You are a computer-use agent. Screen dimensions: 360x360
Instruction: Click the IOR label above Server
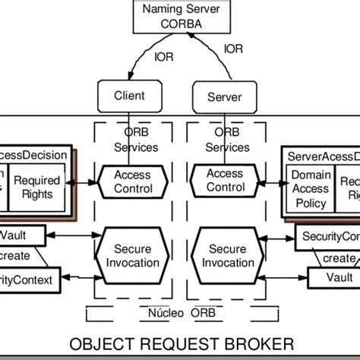(232, 50)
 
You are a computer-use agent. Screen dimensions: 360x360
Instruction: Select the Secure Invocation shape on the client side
(132, 257)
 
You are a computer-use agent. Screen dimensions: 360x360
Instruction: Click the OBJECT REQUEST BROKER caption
(179, 342)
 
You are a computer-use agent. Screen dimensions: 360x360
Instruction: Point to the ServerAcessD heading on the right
(323, 155)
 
